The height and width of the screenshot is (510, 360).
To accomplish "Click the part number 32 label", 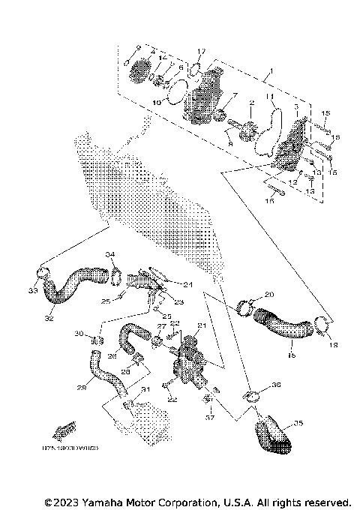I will click(50, 317).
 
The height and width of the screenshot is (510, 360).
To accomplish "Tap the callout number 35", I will click(298, 424).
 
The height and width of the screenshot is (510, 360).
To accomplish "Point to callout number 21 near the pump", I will click(201, 325).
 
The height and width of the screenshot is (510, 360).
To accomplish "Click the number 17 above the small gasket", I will click(201, 51).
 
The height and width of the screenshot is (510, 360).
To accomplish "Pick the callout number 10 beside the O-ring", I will click(157, 100).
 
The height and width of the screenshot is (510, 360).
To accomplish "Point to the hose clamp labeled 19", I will click(324, 324).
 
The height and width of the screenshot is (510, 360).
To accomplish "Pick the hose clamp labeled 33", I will click(43, 274).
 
